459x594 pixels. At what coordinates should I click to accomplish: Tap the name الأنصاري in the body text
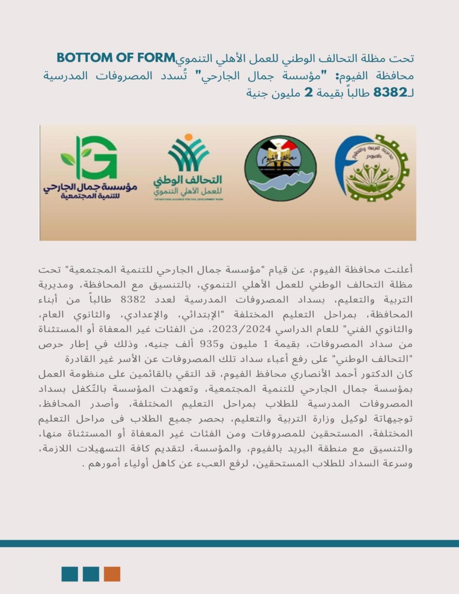click(309, 374)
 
